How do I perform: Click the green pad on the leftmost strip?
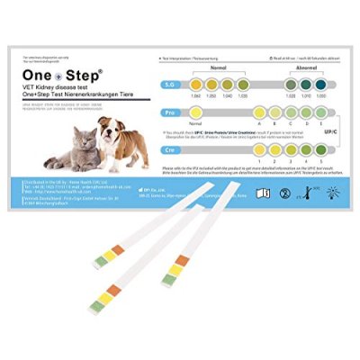(101, 262)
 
